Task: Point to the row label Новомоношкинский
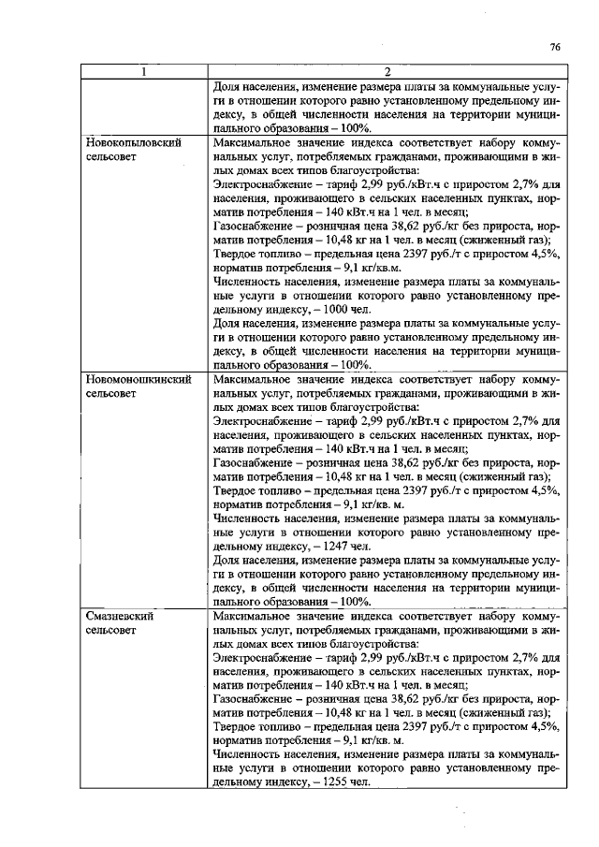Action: pos(139,381)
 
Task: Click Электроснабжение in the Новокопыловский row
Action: pos(258,185)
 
